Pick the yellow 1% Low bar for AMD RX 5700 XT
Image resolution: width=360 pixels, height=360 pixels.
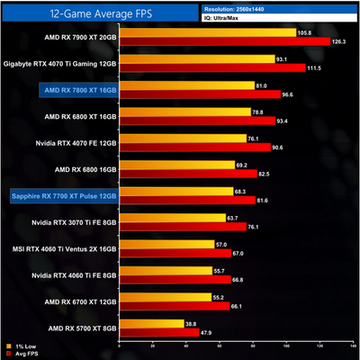[157, 323]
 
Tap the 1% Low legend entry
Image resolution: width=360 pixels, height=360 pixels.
[21, 345]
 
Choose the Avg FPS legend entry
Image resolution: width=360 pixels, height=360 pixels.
[22, 353]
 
